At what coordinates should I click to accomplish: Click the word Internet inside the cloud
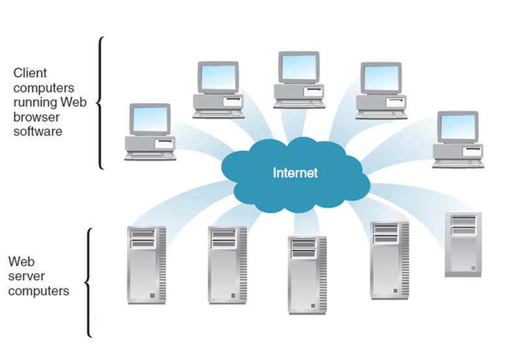pos(295,173)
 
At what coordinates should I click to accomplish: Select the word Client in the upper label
pos(30,73)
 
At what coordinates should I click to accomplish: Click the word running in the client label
pos(35,102)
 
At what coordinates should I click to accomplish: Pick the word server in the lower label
pos(26,276)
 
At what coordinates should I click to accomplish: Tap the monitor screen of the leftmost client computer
pos(151,120)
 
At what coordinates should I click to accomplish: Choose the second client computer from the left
pos(219,91)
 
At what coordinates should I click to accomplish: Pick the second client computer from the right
pos(381,91)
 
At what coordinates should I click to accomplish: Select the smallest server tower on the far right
pos(463,244)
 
